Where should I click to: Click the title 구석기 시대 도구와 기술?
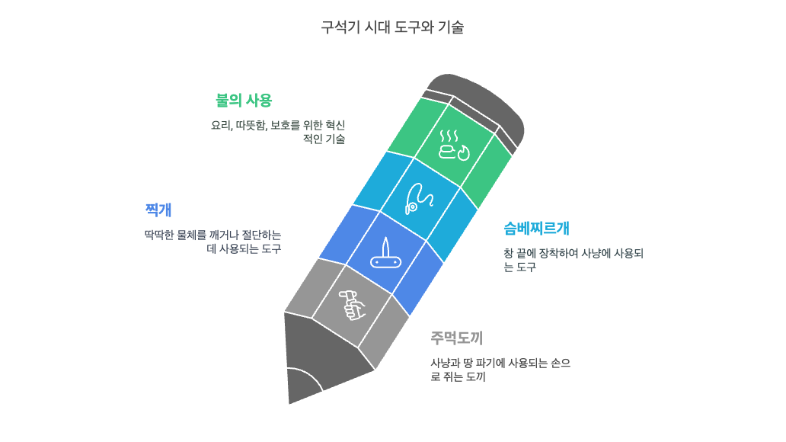pos(392,27)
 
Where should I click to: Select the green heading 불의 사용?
pos(244,101)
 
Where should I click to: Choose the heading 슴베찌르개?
pos(536,228)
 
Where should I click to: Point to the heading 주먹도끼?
pos(456,338)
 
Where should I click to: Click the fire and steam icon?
pos(455,144)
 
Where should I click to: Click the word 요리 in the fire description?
pos(220,125)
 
